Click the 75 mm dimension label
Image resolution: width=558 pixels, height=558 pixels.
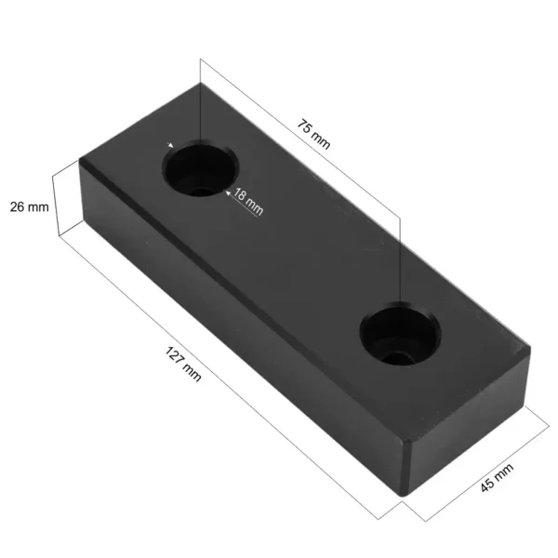click(x=314, y=134)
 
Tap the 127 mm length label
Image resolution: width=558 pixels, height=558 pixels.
click(x=183, y=364)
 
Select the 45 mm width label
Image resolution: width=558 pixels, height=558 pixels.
click(x=497, y=478)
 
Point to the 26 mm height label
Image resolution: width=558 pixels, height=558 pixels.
click(x=29, y=206)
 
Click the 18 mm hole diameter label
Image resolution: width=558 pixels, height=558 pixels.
click(x=248, y=202)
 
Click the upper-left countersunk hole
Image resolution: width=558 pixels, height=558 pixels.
click(x=200, y=168)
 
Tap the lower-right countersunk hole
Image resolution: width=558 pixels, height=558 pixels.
click(x=400, y=334)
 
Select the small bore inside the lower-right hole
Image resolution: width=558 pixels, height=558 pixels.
click(x=397, y=358)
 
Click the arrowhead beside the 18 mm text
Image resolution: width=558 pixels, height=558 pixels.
click(x=228, y=193)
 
